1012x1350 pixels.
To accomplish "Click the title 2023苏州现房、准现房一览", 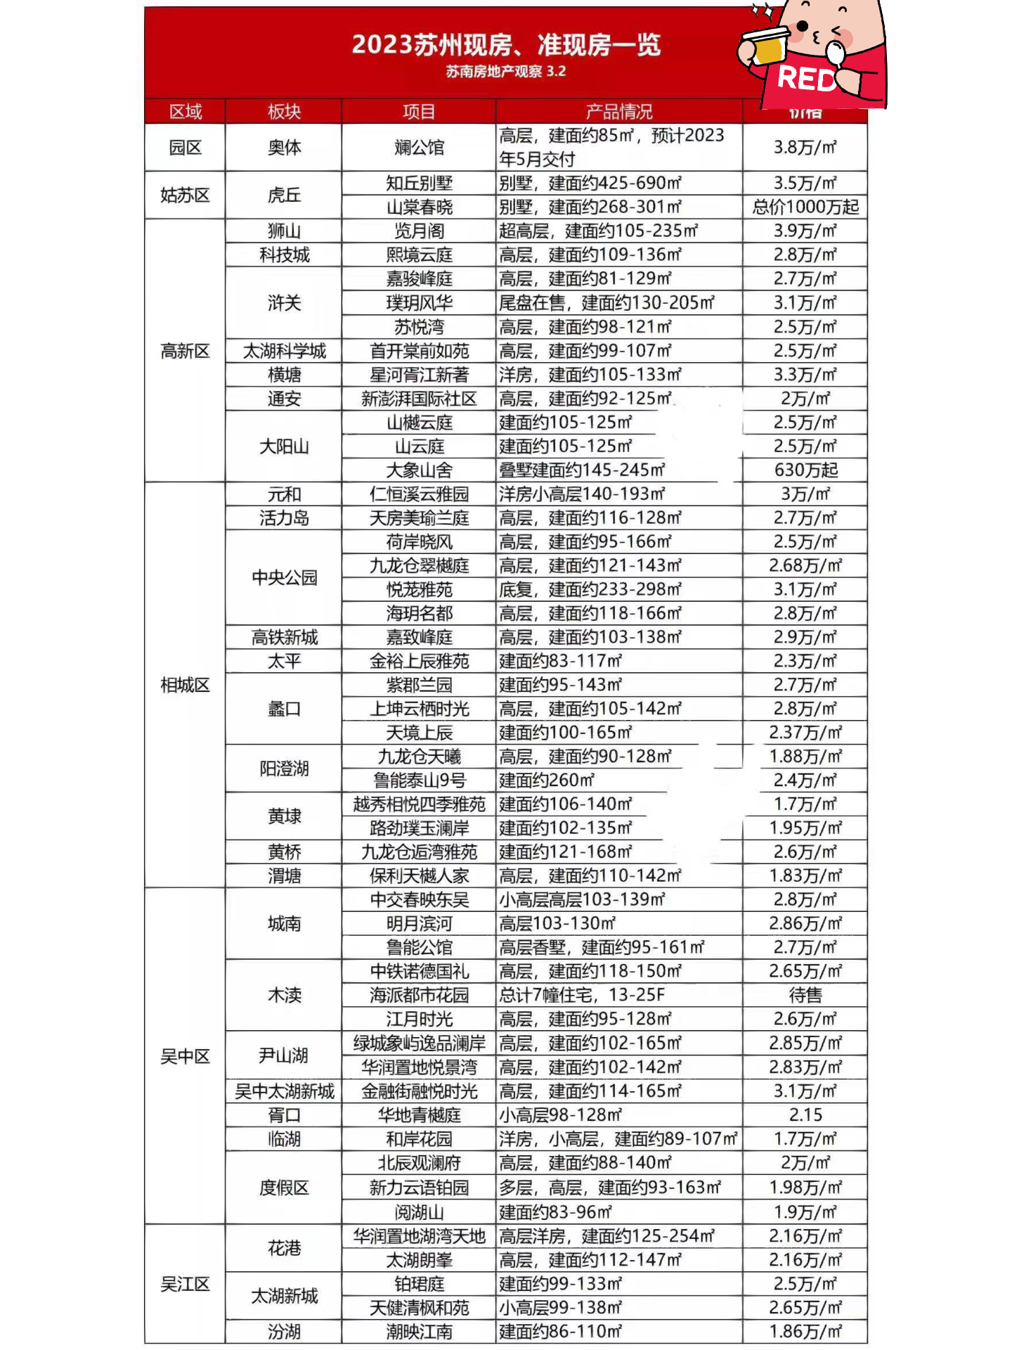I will [506, 45].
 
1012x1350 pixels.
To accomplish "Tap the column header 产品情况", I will [618, 112].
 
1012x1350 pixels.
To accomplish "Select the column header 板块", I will [284, 112].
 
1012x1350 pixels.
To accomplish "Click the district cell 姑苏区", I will [185, 195].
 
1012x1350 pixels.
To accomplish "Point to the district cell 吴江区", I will [185, 1284].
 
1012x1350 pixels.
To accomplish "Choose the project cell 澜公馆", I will [419, 148].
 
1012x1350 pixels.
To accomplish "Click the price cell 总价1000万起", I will [805, 207].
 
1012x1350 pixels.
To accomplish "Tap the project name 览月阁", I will [419, 231].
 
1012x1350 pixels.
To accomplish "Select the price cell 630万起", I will [805, 470].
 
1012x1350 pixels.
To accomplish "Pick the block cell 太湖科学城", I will [284, 351].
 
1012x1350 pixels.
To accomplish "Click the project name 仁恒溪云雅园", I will [419, 494].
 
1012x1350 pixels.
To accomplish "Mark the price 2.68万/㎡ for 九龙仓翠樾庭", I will [805, 565].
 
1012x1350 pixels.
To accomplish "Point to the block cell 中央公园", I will [284, 577].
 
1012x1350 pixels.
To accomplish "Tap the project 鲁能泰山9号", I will [419, 780].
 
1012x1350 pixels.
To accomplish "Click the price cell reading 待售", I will [805, 995].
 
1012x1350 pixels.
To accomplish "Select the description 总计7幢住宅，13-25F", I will [582, 995].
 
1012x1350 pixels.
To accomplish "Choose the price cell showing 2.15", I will [805, 1114].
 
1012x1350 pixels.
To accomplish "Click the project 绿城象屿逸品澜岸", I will [419, 1043].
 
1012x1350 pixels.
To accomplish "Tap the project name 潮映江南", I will [419, 1332].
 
